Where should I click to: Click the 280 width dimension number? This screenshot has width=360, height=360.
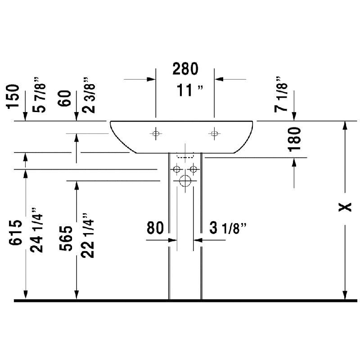(185, 69)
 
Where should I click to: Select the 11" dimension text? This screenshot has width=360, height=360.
(190, 90)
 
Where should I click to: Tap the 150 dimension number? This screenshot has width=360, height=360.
(13, 96)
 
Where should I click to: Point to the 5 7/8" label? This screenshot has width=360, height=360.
(39, 95)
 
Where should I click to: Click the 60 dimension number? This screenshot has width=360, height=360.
(64, 98)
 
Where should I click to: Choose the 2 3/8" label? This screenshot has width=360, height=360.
(89, 95)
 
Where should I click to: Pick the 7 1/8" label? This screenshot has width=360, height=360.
(281, 94)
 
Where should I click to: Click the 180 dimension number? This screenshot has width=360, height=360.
(294, 139)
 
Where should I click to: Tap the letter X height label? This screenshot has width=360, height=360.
(345, 207)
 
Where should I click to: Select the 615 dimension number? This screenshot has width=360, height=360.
(16, 232)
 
